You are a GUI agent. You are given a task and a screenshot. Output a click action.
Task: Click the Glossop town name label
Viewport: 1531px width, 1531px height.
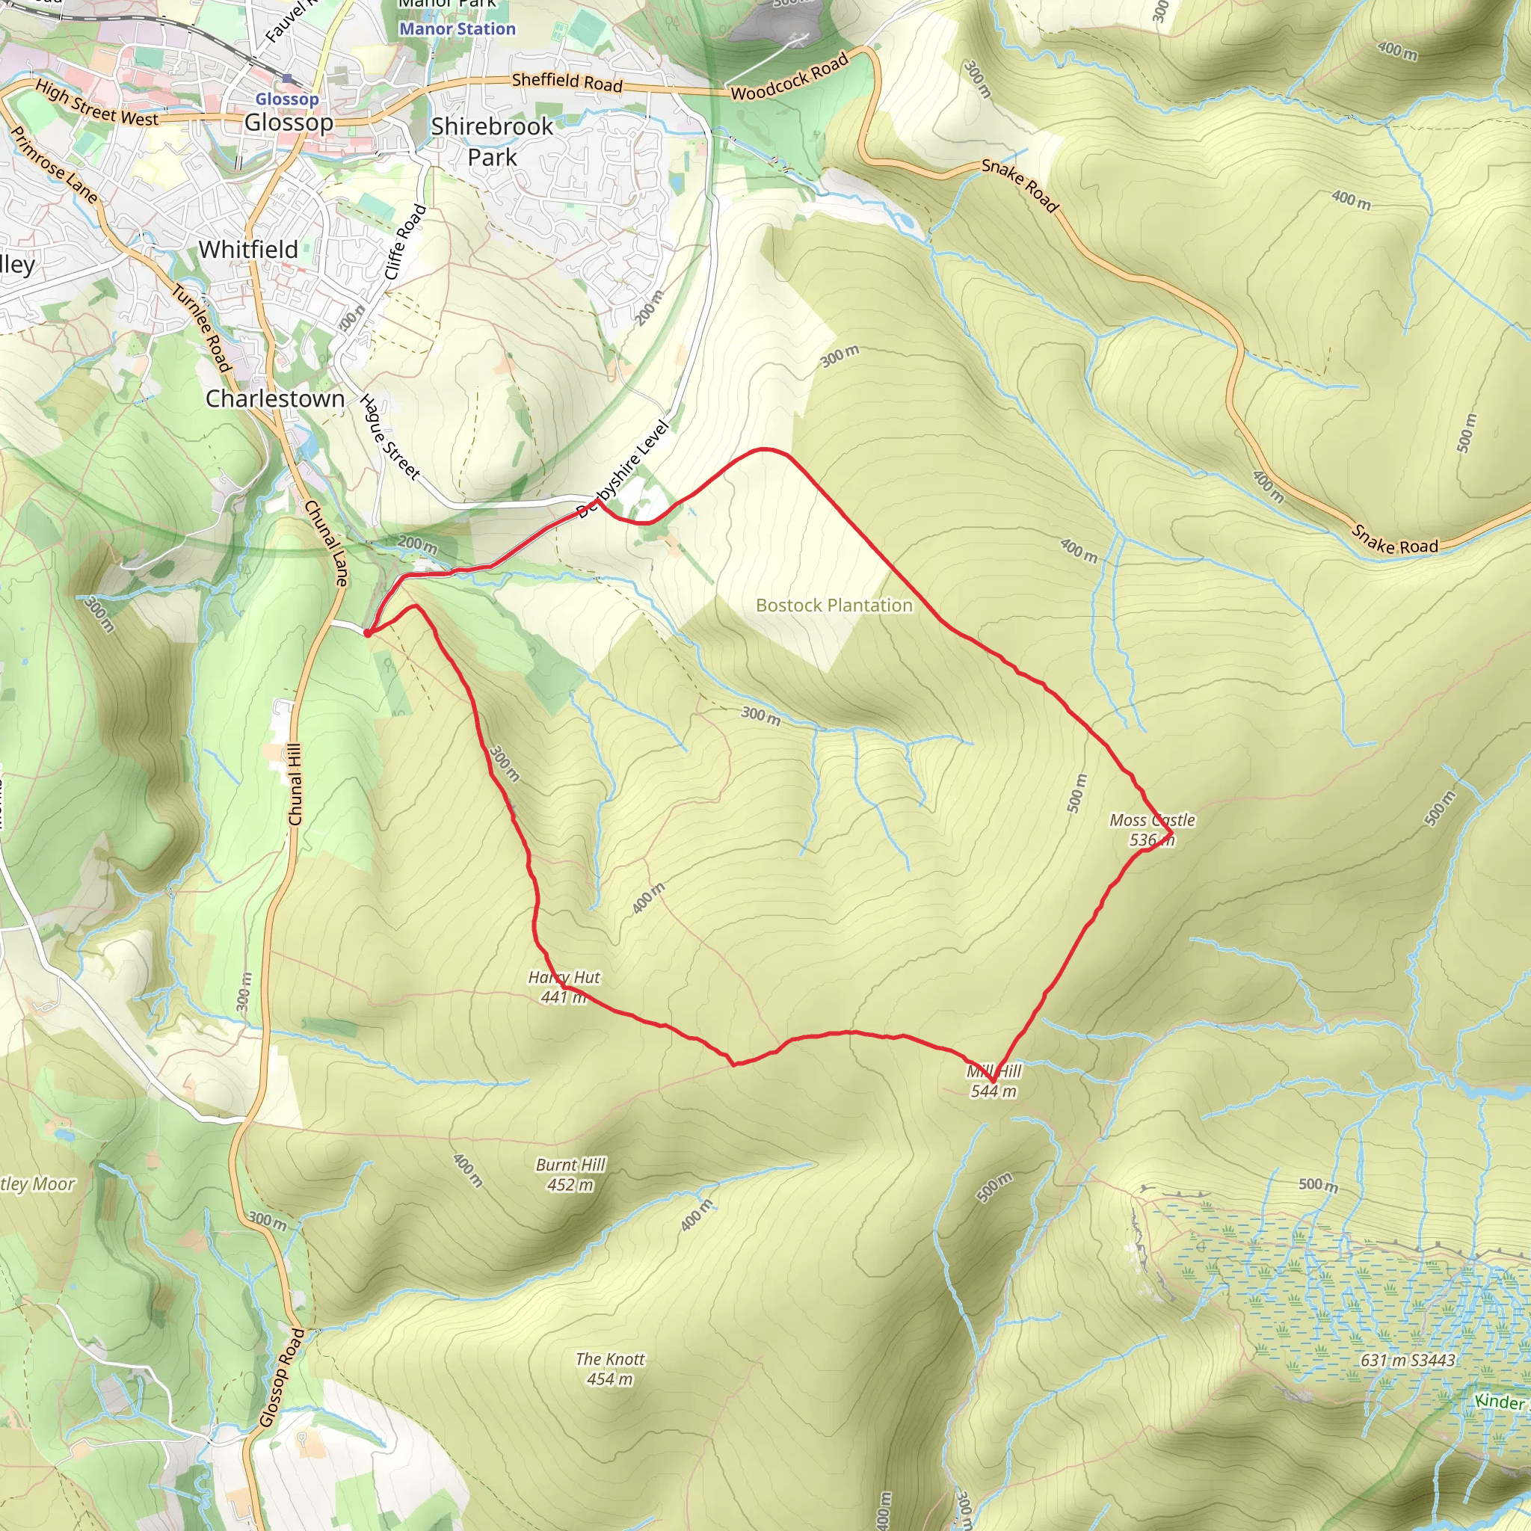289,123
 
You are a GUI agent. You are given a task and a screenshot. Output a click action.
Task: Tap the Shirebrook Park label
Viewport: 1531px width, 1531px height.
492,142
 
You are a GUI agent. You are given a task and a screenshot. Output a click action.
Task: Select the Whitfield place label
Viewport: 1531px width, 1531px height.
248,250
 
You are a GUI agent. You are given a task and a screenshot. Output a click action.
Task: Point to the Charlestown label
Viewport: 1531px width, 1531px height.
275,398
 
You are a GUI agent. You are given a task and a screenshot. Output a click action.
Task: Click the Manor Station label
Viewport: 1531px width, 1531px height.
458,29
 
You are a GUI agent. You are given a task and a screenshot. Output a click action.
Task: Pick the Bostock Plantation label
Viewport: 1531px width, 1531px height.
834,606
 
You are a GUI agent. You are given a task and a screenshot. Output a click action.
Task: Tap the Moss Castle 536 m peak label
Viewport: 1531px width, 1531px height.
1151,830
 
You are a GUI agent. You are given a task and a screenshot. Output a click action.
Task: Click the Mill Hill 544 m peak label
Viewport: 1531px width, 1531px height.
994,1081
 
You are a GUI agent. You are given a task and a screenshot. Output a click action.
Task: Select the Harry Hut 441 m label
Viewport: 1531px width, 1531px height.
564,987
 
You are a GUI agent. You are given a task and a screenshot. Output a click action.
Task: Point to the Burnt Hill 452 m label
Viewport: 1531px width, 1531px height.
570,1174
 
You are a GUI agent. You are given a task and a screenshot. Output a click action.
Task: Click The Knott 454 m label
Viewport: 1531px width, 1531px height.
610,1369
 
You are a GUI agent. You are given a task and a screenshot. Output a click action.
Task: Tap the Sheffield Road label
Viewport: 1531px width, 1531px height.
567,81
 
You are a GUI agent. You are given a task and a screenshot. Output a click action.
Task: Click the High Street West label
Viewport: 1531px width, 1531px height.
96,104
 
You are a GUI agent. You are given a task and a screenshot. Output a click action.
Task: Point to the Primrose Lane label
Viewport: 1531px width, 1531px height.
54,164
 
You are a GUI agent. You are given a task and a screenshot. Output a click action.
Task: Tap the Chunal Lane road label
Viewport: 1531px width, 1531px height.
326,543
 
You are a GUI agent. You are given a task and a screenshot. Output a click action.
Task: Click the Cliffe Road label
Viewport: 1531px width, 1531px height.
405,242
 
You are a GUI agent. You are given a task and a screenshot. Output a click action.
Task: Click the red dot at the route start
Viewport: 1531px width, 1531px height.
368,632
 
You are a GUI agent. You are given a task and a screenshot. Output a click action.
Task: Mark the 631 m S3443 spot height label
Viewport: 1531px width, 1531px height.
1408,1360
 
